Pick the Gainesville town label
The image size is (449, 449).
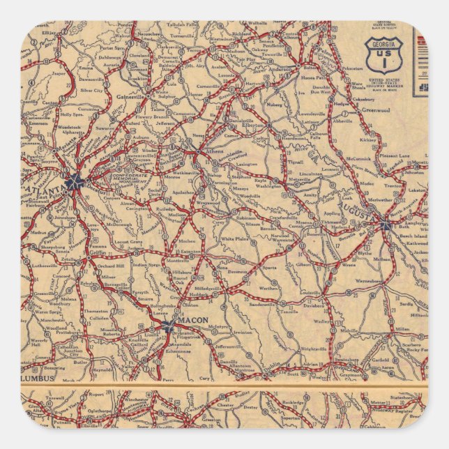pos(130,97)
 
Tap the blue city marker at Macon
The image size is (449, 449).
pos(168,325)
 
